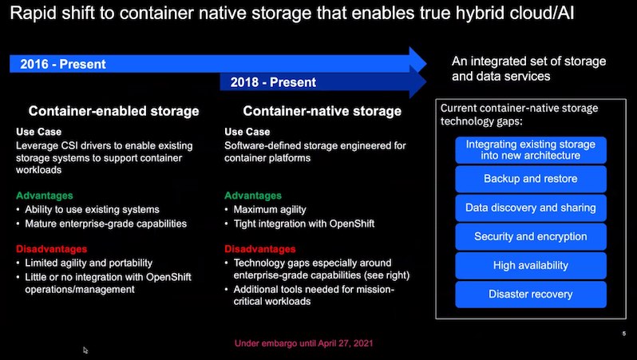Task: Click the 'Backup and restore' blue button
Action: click(x=531, y=179)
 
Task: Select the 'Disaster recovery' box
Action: click(x=531, y=295)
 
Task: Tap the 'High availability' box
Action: click(x=531, y=265)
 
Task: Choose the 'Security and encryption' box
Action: click(x=531, y=236)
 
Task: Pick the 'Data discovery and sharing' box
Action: click(x=531, y=208)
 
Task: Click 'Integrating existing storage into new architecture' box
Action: click(x=531, y=150)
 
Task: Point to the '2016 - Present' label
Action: click(x=63, y=64)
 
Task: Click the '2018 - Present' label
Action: click(x=273, y=82)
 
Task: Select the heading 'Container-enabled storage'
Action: click(x=113, y=111)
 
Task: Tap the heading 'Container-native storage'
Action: click(x=322, y=111)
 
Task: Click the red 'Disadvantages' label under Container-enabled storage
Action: click(x=52, y=249)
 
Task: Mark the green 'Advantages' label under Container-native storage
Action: click(x=253, y=196)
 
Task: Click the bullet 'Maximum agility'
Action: click(x=270, y=210)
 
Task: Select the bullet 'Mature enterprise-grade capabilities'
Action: click(x=105, y=224)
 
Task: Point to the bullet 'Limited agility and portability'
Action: click(x=89, y=263)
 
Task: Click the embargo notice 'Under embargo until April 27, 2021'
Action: click(x=304, y=343)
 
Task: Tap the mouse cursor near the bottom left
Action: click(x=85, y=350)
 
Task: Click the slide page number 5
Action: click(x=624, y=334)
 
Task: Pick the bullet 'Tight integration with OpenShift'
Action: click(x=304, y=224)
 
